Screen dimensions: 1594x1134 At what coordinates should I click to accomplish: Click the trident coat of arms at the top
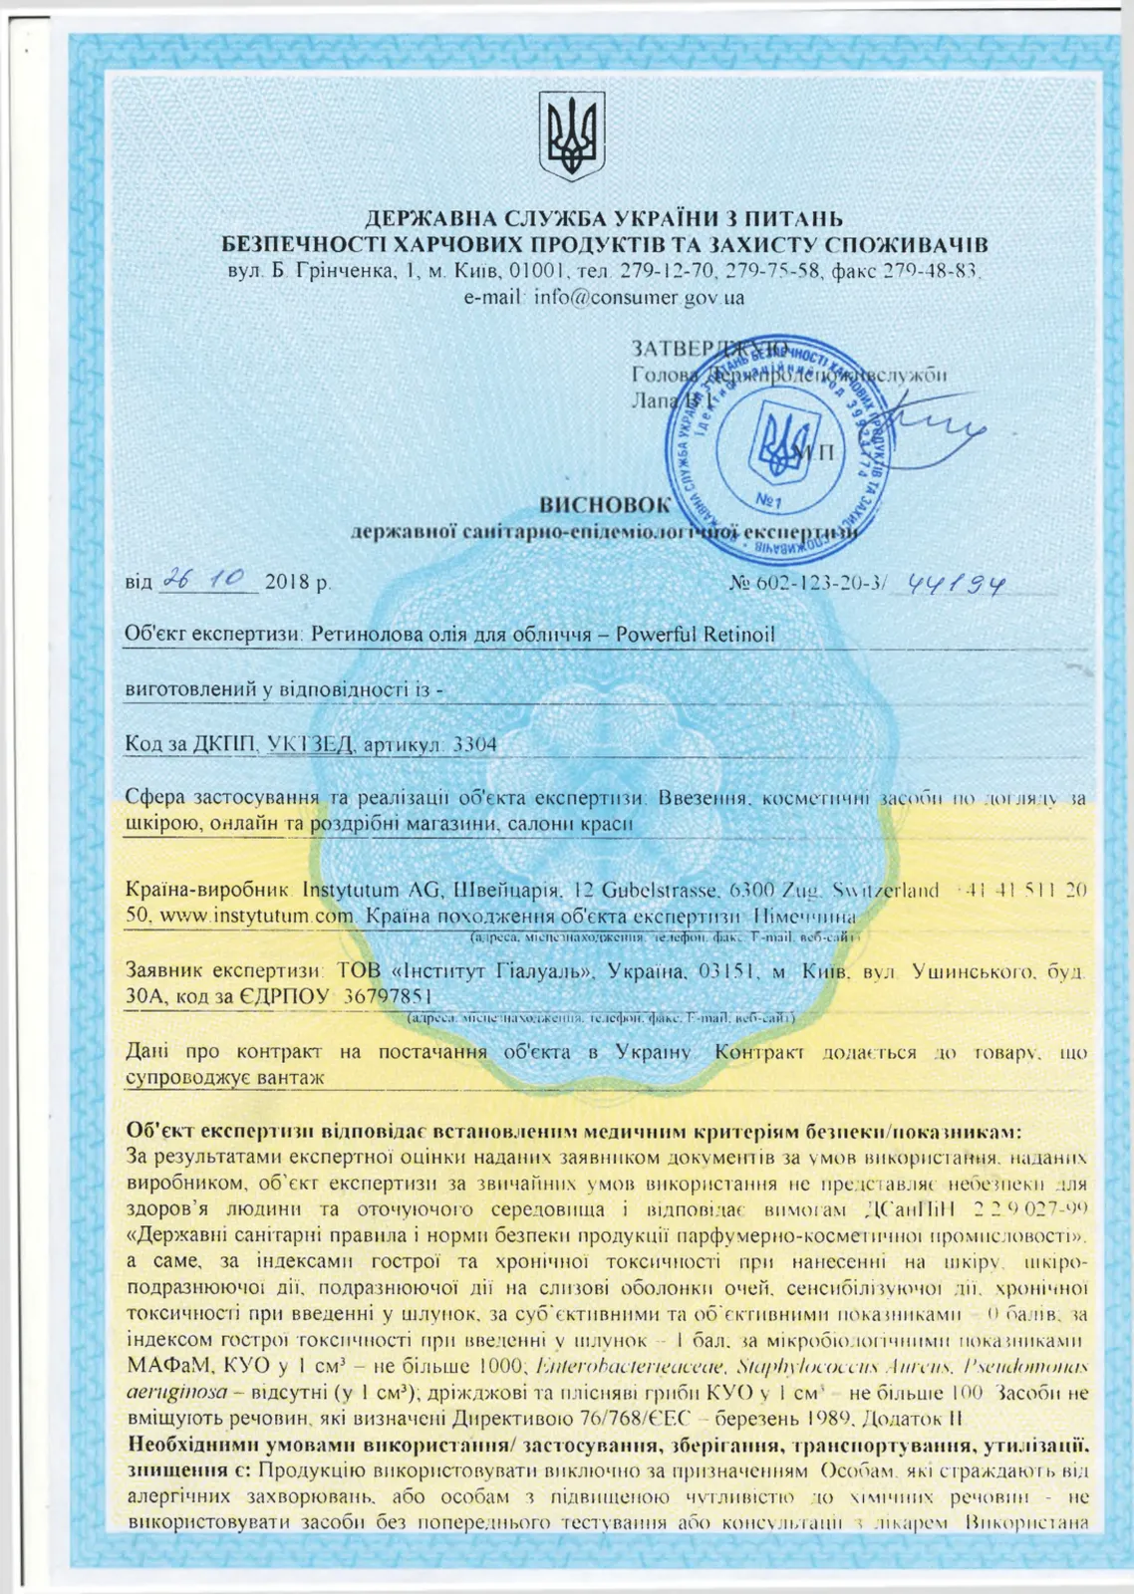(x=571, y=136)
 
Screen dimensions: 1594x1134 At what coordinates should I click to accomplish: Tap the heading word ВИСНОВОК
(x=605, y=506)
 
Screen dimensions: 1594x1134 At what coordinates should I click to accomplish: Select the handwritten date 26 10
(x=207, y=580)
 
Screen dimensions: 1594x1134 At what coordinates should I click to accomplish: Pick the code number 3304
(x=474, y=744)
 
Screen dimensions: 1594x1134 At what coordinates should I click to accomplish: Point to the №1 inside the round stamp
(x=767, y=498)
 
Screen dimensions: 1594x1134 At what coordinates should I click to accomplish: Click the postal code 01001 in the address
(x=538, y=271)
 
